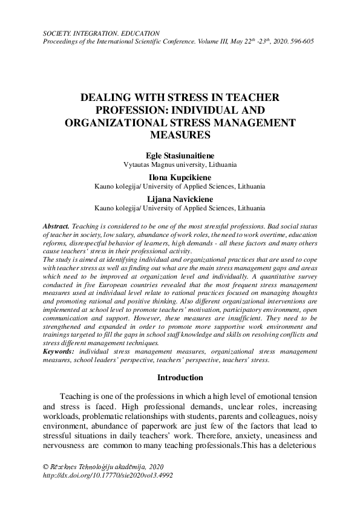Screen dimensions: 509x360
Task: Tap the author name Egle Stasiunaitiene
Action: click(180, 155)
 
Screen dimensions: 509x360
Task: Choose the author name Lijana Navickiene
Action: click(180, 198)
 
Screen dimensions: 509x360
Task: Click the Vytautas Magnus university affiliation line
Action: click(180, 164)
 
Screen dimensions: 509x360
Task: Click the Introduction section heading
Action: click(180, 378)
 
